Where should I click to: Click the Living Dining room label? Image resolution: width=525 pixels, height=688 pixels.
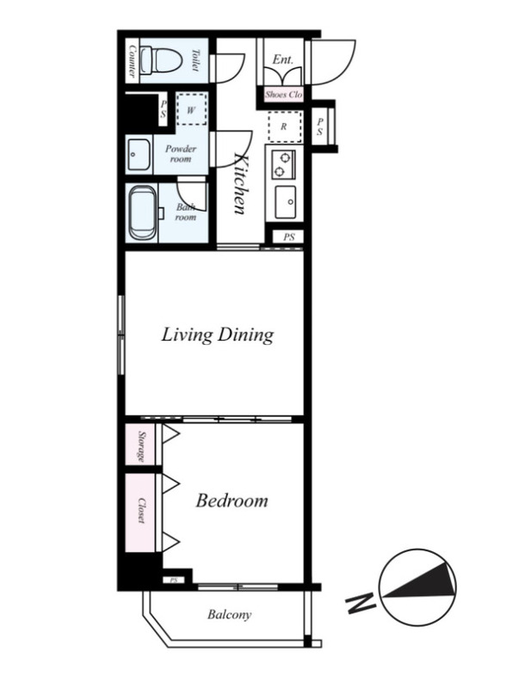(218, 335)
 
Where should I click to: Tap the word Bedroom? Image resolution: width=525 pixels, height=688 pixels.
(232, 501)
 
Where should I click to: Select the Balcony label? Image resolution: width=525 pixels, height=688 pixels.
(229, 614)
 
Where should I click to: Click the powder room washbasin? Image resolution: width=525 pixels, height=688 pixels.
(139, 155)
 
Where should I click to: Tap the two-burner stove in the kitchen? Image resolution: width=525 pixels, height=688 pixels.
(283, 163)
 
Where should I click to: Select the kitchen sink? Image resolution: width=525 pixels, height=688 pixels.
(286, 202)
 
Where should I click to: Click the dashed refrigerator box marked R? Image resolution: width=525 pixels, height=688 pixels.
(285, 126)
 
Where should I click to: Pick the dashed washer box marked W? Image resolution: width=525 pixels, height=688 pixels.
(191, 110)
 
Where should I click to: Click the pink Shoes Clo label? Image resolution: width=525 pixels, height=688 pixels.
(283, 95)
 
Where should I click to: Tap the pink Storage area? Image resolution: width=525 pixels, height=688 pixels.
(140, 444)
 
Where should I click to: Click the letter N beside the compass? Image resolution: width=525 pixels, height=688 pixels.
(361, 604)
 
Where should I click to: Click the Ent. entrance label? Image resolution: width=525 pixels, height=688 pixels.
(282, 59)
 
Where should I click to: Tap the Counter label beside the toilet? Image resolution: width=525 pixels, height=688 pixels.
(131, 61)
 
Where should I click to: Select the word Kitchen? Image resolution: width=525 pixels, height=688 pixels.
(240, 183)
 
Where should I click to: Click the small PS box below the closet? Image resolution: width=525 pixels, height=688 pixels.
(173, 580)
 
